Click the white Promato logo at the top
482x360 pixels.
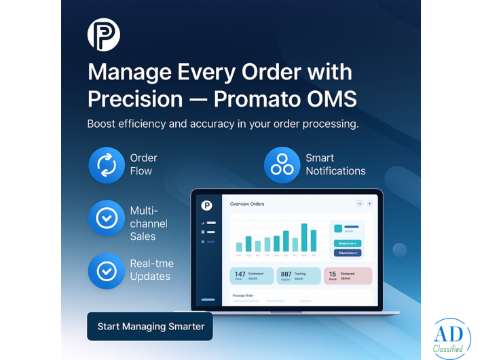coord(104,35)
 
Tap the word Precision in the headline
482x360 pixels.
coord(135,98)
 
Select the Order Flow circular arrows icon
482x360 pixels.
coord(107,165)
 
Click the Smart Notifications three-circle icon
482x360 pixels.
coord(282,165)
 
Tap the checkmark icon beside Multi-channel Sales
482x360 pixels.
coord(107,218)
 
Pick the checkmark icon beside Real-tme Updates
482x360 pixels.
coord(107,271)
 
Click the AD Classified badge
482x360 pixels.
coord(451,338)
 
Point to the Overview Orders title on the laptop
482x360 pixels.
coord(247,204)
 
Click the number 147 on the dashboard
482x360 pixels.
coord(240,274)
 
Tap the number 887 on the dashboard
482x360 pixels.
coord(286,274)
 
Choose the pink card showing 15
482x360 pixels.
coord(348,275)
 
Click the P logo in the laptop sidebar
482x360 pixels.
coord(207,205)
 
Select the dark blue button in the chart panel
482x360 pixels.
coord(348,253)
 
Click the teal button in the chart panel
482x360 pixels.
coord(348,242)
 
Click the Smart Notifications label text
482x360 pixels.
coord(335,164)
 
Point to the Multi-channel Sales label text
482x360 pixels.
coord(149,223)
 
